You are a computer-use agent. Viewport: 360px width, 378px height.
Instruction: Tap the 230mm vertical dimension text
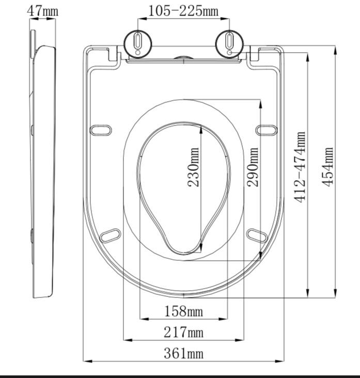194,167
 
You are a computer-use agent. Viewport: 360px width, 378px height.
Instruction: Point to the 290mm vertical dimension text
253,167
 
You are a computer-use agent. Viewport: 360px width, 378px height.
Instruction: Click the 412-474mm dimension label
301,167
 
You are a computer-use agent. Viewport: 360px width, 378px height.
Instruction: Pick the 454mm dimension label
328,167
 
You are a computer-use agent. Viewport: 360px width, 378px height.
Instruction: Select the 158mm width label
183,311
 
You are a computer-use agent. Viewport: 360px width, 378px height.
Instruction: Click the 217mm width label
183,332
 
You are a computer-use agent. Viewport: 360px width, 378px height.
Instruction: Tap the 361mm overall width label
183,353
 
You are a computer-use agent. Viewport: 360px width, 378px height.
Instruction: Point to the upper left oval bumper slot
101,130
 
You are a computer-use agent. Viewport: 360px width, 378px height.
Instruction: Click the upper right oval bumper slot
266,130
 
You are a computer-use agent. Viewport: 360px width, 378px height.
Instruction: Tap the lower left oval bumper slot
111,235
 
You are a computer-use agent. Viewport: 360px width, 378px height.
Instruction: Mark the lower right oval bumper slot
257,235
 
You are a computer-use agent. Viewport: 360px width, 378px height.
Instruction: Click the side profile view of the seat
44,170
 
